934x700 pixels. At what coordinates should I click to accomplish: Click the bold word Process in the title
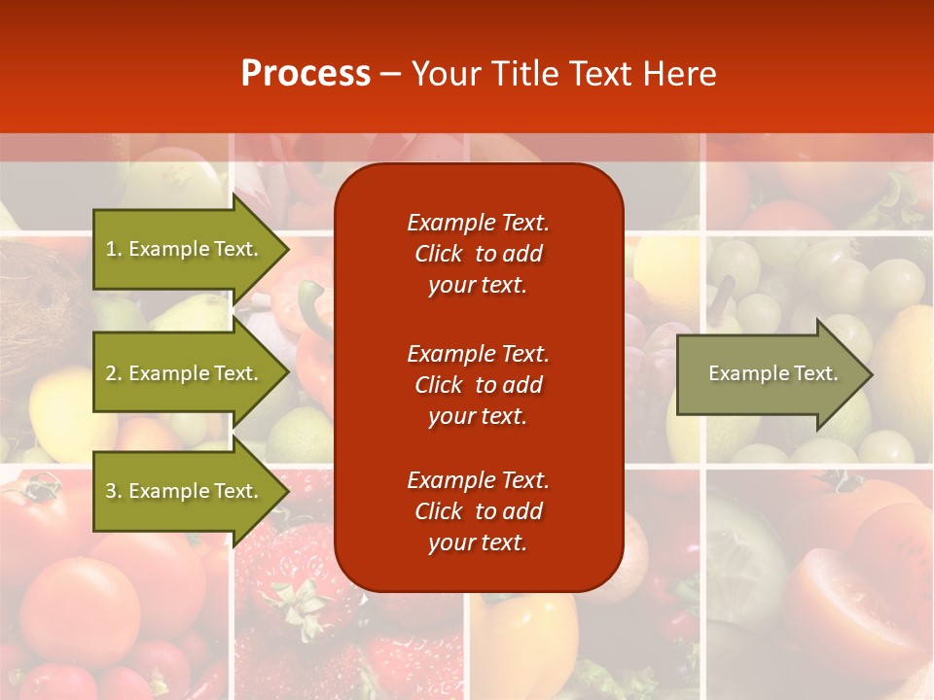305,74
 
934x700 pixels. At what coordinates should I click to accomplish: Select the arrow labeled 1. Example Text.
185,249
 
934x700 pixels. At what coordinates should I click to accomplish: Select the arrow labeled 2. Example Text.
185,373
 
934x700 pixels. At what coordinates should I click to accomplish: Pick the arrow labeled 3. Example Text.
185,491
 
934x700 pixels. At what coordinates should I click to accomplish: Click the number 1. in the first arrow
114,249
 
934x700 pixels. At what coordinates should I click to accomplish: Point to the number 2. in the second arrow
114,373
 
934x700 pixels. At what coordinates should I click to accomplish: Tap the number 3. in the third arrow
114,491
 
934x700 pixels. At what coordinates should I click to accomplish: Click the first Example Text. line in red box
478,223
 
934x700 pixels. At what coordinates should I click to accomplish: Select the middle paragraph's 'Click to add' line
478,385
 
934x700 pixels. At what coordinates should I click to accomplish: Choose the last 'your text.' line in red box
478,542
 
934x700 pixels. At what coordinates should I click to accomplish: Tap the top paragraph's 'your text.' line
478,285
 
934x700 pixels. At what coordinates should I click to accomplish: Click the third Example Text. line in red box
478,480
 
